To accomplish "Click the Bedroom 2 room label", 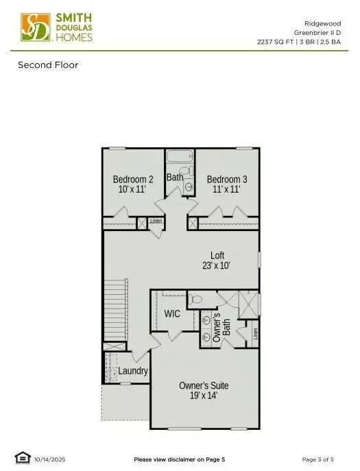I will coord(133,180).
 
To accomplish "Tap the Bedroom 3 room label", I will coord(227,180).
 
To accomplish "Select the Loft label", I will coord(217,256).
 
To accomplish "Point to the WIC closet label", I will coord(172,314).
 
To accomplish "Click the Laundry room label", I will coord(133,371).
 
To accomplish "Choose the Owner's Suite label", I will coord(204,386).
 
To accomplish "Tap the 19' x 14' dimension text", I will coord(204,396).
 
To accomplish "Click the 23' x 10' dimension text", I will coord(217,265).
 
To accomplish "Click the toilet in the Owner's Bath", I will coord(196,299).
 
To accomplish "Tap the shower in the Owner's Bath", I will coord(247,304).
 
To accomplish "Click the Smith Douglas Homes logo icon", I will coord(35,27).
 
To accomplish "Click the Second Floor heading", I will coord(48,65).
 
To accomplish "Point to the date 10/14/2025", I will coord(49,459).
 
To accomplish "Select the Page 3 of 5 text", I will coord(318,459).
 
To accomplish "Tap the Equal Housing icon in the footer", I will coord(22,458).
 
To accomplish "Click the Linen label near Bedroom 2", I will coord(156,221).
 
